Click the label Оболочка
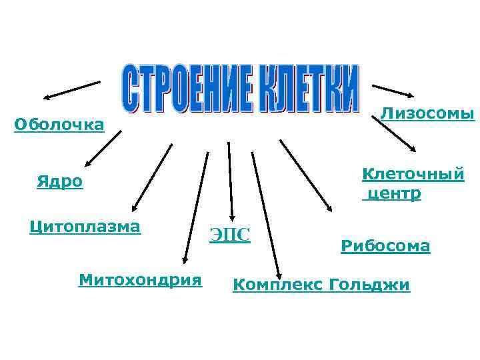point(59,125)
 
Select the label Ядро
point(60,182)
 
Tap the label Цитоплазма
point(85,227)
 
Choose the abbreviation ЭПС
point(230,234)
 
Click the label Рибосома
point(385,246)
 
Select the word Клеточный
point(413,174)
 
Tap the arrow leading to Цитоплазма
point(153,177)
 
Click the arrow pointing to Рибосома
point(306,176)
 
